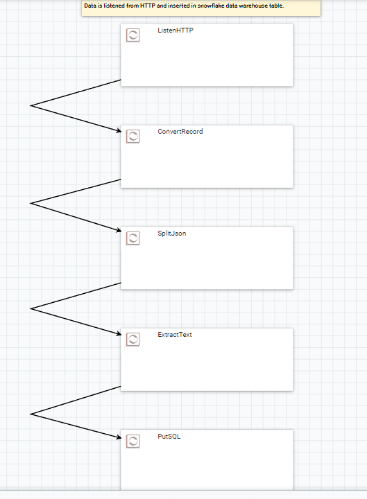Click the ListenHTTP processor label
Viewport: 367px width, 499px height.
176,30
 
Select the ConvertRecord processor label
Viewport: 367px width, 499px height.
180,132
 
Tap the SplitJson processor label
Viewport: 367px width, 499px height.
172,234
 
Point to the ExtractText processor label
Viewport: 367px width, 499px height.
175,335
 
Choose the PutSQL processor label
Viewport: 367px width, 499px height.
169,437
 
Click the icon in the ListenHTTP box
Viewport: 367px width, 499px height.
133,35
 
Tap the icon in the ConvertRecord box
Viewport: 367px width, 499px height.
133,137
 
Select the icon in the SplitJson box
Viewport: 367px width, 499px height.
133,238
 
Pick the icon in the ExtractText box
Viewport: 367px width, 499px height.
133,340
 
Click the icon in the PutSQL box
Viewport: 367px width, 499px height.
133,441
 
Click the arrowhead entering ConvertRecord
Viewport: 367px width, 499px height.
119,130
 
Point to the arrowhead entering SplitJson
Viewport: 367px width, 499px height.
119,230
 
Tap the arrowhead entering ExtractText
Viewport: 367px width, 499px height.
119,333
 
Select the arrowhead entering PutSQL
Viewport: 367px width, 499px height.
119,437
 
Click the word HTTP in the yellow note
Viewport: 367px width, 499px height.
148,6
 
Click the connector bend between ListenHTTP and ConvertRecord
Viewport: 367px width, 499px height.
31,105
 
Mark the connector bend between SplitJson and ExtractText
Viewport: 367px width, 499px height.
31,308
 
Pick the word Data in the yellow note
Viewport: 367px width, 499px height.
90,6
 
